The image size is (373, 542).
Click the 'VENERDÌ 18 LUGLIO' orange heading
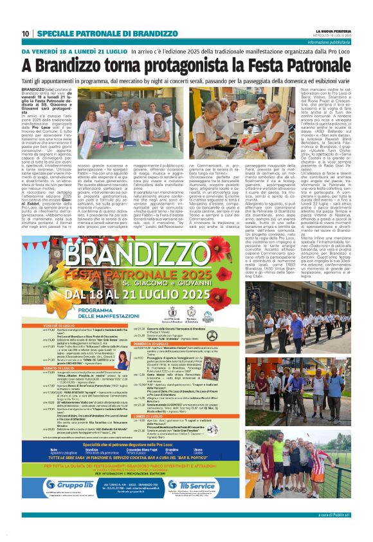tap(44, 327)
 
